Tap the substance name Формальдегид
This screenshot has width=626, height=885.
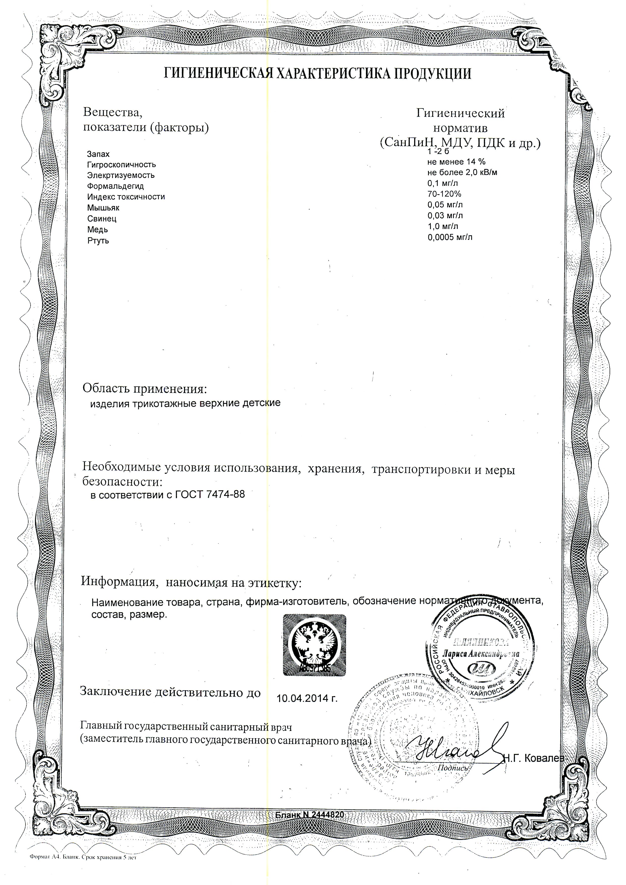pos(115,186)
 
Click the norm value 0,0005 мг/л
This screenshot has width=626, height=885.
pos(450,237)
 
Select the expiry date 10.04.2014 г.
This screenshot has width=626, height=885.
pos(307,698)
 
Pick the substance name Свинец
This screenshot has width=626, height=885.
pos(102,219)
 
